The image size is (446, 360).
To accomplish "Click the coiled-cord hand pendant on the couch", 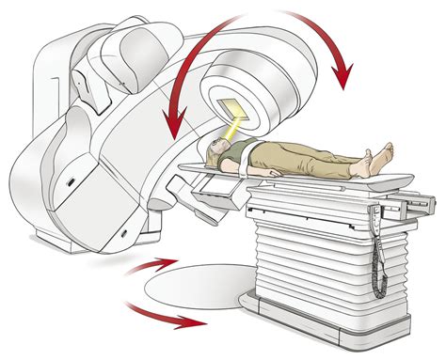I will (382, 248).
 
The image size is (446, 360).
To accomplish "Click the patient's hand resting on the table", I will (274, 173).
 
